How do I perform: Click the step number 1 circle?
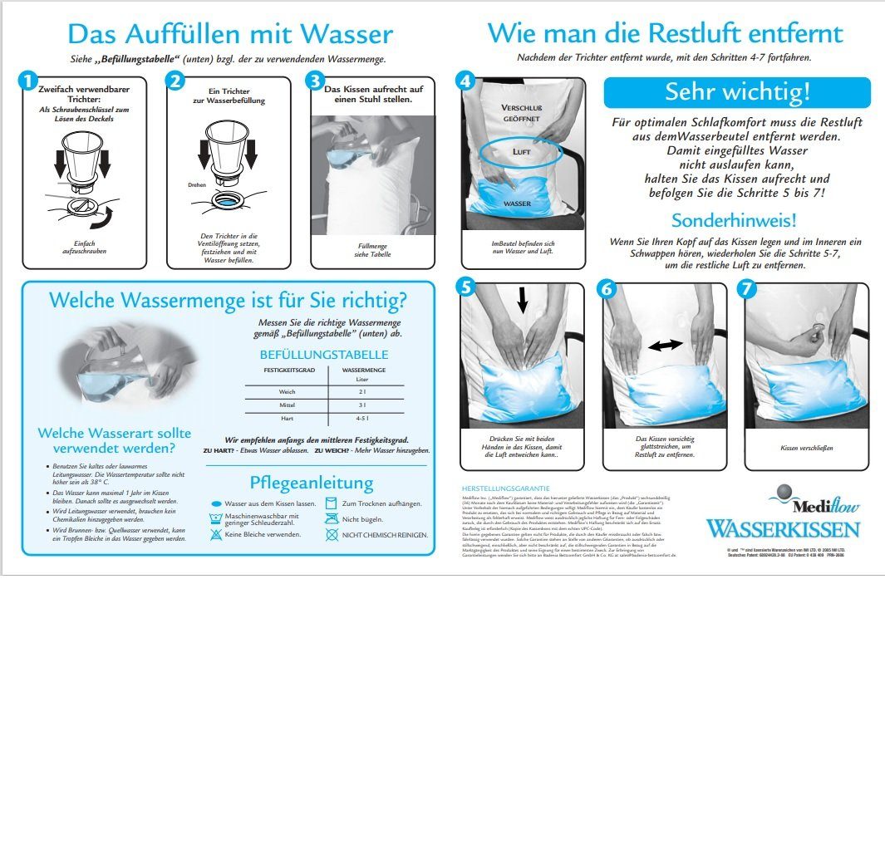(28, 81)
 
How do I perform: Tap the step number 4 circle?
(465, 81)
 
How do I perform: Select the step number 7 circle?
(747, 288)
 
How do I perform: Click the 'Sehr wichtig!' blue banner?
(737, 92)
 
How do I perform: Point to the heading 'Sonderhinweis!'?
(734, 221)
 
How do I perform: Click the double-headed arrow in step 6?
(666, 345)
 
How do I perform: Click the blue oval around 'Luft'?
(521, 153)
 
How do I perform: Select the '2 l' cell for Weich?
(362, 391)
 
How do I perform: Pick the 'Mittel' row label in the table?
(288, 405)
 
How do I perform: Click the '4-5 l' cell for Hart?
(362, 419)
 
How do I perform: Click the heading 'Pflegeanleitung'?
(312, 483)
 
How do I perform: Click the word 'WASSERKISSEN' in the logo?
(783, 529)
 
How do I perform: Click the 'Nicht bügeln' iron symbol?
(332, 519)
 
